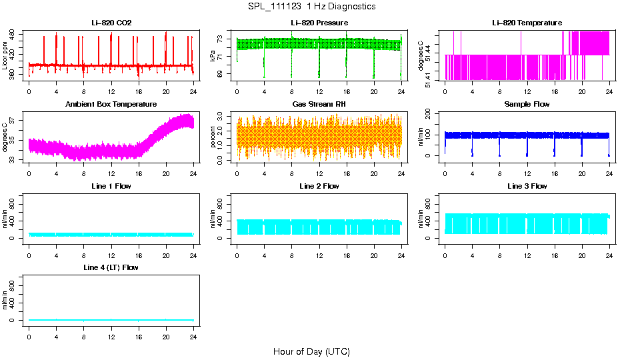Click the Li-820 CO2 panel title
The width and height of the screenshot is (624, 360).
(x=111, y=23)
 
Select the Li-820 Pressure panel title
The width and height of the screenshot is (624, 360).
(x=319, y=23)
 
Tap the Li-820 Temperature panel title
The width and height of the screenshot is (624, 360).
(x=527, y=23)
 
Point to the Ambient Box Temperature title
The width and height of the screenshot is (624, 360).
(x=111, y=105)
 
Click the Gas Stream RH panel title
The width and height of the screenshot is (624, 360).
(x=319, y=105)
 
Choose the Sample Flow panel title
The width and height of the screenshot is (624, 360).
(x=527, y=105)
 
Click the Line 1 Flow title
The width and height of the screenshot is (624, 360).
(x=111, y=186)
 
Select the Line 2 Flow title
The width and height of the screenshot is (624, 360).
(x=319, y=186)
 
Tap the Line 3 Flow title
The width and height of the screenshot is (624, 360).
(x=527, y=186)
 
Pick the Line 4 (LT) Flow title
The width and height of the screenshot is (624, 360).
(x=111, y=267)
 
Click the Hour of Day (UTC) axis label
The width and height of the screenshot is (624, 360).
(x=311, y=351)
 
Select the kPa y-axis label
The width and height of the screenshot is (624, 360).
(x=213, y=57)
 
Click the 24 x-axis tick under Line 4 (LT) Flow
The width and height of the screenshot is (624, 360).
(x=193, y=331)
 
